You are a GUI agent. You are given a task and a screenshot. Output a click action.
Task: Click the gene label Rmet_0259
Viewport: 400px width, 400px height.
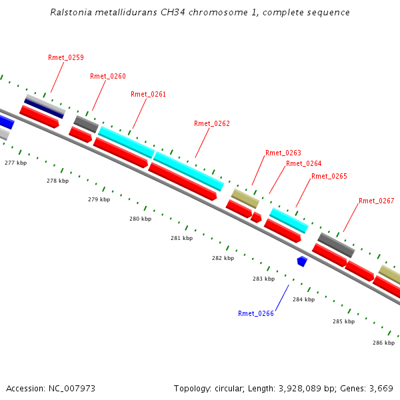point(66,57)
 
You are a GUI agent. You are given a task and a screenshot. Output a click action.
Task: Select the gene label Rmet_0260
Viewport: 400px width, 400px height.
point(108,76)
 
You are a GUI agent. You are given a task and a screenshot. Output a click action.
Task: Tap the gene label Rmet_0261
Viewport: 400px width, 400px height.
point(148,94)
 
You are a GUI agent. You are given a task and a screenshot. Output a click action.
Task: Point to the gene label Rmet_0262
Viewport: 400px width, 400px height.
point(211,123)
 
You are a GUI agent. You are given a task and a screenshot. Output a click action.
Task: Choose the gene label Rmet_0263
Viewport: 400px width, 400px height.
point(283,153)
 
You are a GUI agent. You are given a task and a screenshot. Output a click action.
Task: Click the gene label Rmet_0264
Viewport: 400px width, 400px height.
point(303,163)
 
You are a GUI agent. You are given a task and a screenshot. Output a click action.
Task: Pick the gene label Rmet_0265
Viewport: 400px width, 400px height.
point(329,176)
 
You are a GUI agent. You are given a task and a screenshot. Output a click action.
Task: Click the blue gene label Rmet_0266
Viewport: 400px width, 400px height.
point(256,313)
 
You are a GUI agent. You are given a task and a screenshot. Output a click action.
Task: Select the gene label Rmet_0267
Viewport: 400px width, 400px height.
point(376,201)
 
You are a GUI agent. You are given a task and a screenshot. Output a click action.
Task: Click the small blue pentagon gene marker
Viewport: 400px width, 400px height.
point(302,261)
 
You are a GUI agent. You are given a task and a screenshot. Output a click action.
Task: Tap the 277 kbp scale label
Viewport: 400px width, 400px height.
point(15,163)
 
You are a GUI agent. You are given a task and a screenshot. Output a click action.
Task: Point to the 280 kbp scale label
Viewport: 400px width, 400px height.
point(140,219)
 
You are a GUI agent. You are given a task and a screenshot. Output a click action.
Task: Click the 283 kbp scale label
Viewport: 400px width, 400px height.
point(263,279)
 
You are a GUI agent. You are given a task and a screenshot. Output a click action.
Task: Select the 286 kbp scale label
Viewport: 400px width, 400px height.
point(383,343)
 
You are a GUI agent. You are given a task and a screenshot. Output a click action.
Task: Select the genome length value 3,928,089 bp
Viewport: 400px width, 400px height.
point(308,388)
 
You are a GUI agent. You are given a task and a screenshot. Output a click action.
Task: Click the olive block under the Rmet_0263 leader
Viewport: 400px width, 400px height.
point(245,198)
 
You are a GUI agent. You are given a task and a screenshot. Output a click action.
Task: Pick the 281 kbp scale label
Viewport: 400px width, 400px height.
point(181,238)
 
